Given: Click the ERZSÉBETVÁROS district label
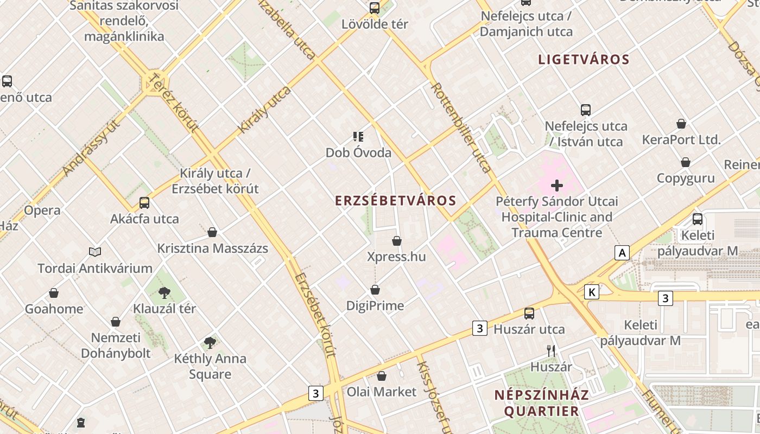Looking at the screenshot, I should tap(396, 201).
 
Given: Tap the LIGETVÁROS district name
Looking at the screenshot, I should tap(584, 60).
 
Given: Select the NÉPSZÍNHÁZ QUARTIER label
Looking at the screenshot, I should tap(541, 403).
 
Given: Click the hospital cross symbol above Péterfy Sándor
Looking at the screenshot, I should tap(556, 186).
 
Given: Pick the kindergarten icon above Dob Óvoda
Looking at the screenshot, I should tap(358, 137).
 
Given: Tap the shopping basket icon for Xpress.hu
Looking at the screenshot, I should tap(397, 241).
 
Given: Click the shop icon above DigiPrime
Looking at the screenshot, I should tap(375, 290).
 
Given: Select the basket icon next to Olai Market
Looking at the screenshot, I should tap(382, 376).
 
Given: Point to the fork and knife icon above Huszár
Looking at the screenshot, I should tap(551, 351).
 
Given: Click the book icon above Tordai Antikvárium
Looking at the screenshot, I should tap(95, 252).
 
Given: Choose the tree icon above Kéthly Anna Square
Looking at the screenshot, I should tap(210, 342).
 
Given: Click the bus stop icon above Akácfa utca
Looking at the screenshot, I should tap(144, 203).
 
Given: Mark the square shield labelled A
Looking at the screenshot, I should tap(622, 252).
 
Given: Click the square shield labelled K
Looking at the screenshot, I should tap(592, 292).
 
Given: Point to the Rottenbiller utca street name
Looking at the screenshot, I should tap(461, 127).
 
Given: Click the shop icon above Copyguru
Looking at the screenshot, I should tap(686, 162).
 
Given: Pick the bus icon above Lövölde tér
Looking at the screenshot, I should tap(375, 8).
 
